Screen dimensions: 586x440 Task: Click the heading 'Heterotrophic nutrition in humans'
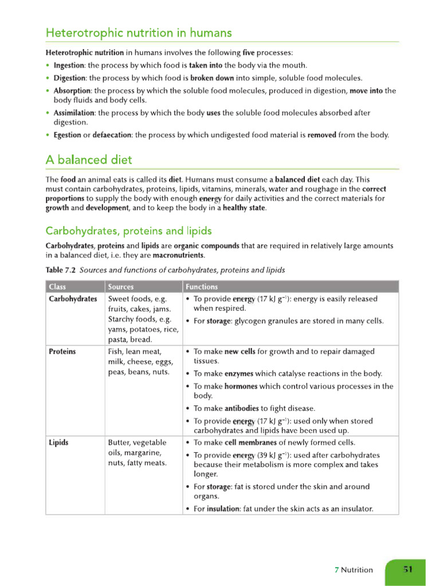click(139, 33)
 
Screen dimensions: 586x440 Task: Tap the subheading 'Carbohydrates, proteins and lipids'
click(128, 231)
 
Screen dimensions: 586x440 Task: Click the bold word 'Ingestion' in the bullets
click(69, 65)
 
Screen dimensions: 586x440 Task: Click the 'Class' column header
click(57, 287)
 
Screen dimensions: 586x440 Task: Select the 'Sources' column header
click(120, 287)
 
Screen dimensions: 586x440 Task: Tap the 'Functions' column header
click(201, 287)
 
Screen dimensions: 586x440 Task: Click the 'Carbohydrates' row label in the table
click(73, 299)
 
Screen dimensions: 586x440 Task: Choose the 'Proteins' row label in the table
click(62, 351)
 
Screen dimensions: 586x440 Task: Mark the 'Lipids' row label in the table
click(59, 442)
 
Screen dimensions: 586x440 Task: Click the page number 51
click(408, 569)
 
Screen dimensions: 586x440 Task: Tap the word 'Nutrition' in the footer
click(357, 569)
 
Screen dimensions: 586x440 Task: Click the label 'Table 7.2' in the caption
click(61, 270)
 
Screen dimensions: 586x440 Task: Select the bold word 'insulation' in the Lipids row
click(222, 509)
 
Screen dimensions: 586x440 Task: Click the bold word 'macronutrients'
click(178, 255)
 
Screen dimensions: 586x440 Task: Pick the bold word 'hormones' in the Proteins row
click(241, 386)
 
